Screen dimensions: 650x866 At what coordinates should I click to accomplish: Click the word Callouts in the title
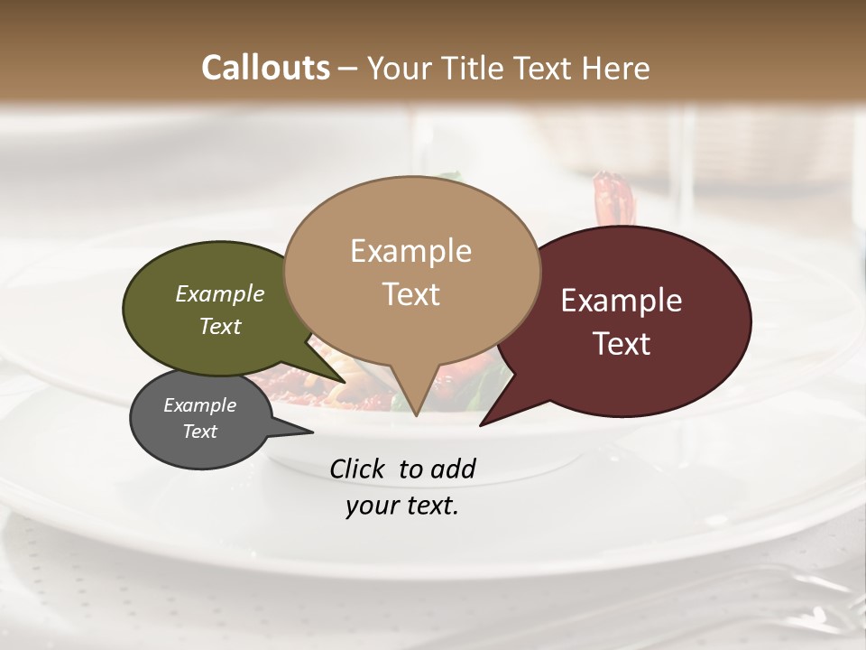[265, 68]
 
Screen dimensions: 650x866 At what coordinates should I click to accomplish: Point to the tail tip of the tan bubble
[416, 414]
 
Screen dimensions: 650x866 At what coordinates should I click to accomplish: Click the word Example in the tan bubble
[410, 251]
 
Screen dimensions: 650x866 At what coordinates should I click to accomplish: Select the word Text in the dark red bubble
[622, 344]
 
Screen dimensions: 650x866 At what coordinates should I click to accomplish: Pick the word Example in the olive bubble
[220, 293]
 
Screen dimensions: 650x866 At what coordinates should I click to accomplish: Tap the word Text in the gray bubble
[200, 432]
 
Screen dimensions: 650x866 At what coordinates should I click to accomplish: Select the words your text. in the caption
[402, 506]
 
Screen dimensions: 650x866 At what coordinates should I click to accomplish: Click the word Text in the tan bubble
[411, 294]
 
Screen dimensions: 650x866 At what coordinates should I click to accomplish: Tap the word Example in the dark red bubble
[622, 301]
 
